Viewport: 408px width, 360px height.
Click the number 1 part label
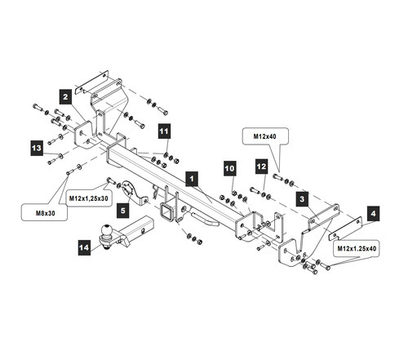coord(192,179)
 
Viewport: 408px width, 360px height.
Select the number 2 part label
coord(65,97)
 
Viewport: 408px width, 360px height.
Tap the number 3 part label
coord(302,199)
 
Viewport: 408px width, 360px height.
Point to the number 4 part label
coord(373,213)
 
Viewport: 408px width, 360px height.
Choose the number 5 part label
coord(123,211)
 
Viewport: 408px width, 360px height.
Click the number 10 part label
coord(229,168)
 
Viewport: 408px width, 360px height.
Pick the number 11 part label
coord(164,131)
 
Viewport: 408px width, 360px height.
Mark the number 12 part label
coord(261,167)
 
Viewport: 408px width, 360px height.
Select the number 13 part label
coord(37,148)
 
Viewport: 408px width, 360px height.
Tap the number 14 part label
coord(84,247)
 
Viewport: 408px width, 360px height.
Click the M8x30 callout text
coord(46,213)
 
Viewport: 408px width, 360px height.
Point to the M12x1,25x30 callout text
coord(89,198)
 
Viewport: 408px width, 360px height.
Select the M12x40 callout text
coord(264,136)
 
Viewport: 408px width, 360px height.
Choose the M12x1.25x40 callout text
coord(357,248)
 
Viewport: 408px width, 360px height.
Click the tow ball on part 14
coord(106,230)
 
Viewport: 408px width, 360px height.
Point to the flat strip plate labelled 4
coord(346,229)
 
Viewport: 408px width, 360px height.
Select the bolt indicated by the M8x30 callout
coord(70,171)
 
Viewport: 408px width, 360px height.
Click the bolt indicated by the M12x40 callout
coord(277,177)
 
